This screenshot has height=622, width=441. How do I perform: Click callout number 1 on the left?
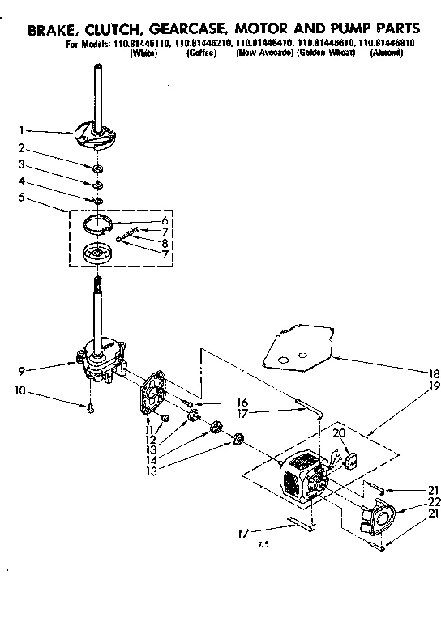23,130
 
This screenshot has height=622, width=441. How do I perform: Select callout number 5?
23,197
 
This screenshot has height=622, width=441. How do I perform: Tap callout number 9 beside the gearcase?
23,349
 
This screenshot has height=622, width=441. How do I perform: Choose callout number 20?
340,434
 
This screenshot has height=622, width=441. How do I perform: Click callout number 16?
242,402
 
